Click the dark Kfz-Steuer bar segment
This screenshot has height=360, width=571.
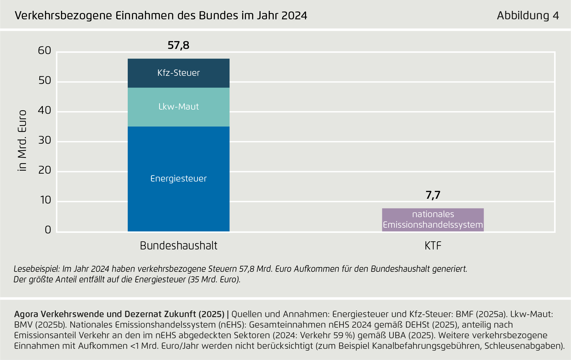(178, 73)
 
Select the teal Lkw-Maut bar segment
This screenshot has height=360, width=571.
(178, 107)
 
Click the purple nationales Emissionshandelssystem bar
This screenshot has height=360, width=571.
(433, 220)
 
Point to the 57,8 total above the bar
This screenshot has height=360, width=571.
(178, 45)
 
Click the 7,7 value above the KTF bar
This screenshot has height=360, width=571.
(433, 195)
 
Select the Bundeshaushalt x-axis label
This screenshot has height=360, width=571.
(178, 246)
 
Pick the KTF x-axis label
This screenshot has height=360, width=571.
(433, 246)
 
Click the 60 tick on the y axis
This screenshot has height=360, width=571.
(45, 50)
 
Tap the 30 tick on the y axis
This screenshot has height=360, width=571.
(45, 140)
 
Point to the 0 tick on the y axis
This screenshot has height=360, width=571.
(48, 230)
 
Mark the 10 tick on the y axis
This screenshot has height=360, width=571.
(46, 200)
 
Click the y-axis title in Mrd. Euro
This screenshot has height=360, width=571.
(22, 141)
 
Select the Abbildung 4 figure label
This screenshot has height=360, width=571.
(528, 15)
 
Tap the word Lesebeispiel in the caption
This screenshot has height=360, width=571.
(37, 269)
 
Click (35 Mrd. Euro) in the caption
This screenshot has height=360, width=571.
(214, 279)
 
